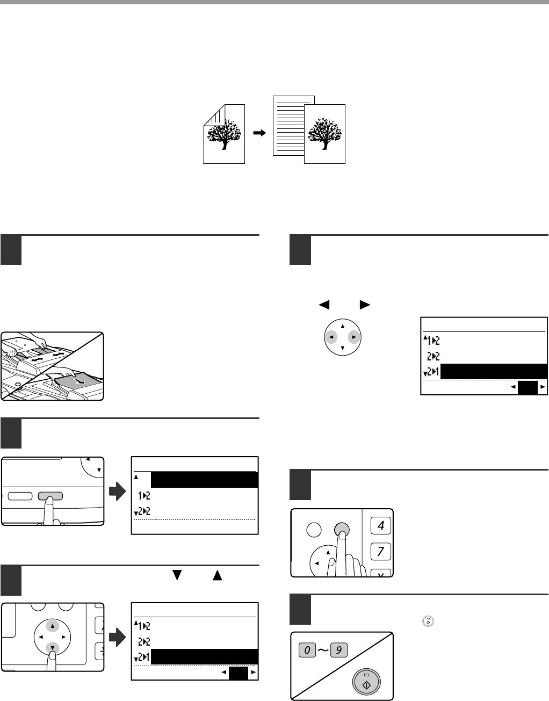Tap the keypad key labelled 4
click(381, 525)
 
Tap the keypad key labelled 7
click(381, 551)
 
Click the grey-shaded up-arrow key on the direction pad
click(53, 626)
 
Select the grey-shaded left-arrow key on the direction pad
click(332, 337)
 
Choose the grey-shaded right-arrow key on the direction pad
click(353, 337)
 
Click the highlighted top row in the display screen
click(204, 480)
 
